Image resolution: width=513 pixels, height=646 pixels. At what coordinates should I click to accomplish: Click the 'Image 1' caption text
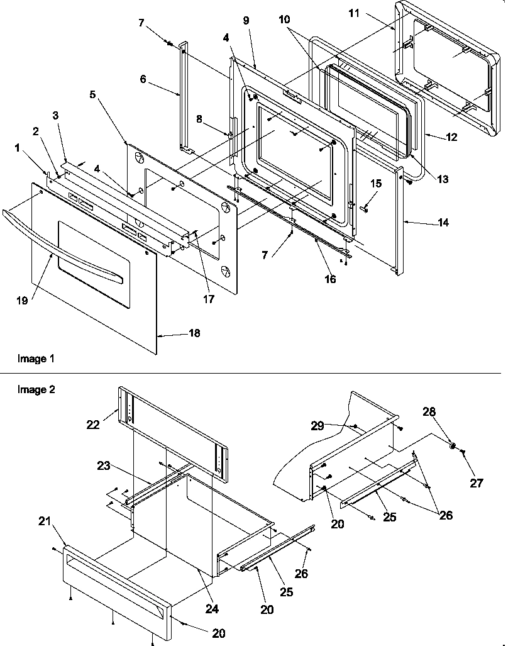click(36, 359)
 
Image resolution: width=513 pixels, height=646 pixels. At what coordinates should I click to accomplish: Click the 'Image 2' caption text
click(36, 390)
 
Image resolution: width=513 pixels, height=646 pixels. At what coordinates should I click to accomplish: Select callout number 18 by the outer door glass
click(194, 333)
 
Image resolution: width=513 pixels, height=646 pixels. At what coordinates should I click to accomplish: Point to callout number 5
click(93, 95)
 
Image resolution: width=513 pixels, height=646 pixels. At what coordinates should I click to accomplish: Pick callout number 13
click(443, 179)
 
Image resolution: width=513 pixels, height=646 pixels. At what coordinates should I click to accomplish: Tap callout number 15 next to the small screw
click(375, 183)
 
